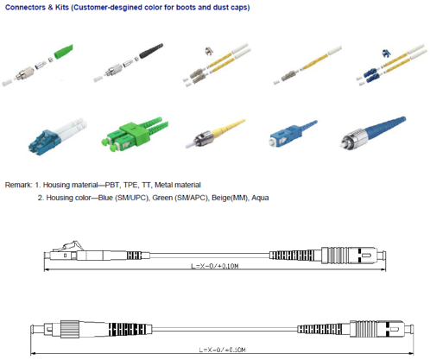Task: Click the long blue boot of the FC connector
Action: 393,134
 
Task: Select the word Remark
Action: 18,184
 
